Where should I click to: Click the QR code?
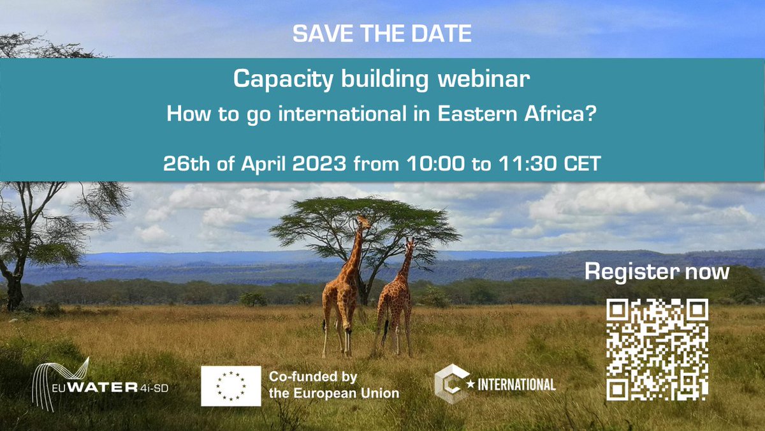click(x=657, y=349)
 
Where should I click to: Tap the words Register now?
click(x=657, y=272)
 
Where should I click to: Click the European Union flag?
click(x=230, y=386)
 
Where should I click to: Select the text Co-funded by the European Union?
click(x=333, y=385)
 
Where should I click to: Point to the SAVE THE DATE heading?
click(x=382, y=34)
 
